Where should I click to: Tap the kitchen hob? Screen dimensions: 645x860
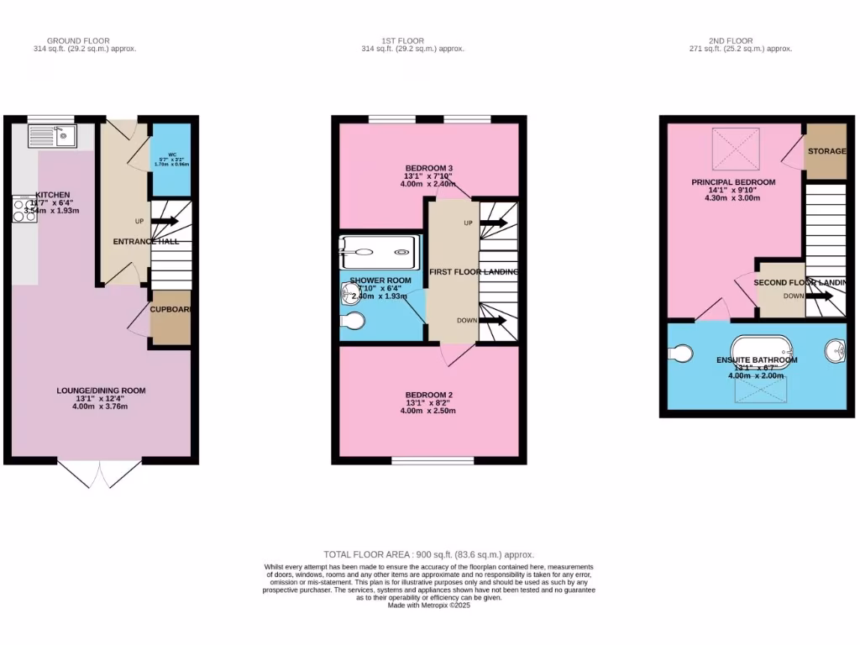pos(22,210)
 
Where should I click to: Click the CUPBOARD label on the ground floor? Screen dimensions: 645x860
pos(170,309)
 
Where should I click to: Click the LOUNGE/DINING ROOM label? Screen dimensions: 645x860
pos(101,391)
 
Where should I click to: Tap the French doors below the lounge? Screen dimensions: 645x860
pos(101,475)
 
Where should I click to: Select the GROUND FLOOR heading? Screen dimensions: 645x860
pos(78,40)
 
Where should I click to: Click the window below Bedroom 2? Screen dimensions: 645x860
pos(433,459)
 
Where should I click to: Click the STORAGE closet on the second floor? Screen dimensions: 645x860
pos(826,152)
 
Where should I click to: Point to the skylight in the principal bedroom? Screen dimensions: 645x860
pos(736,149)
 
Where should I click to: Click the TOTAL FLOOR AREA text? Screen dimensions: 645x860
pos(429,554)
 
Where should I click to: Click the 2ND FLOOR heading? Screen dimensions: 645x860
pos(730,40)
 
